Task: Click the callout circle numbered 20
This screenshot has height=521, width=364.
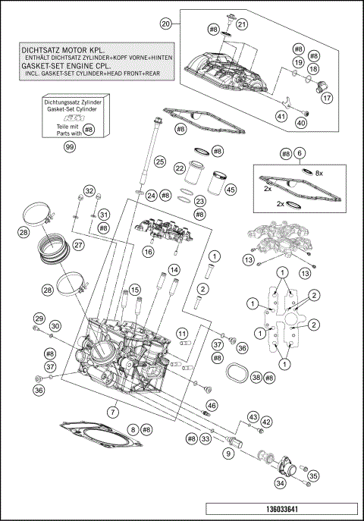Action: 165,24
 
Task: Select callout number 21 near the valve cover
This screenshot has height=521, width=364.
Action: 242,24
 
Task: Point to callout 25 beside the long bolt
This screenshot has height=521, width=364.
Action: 159,162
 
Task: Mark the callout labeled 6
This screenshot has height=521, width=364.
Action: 300,153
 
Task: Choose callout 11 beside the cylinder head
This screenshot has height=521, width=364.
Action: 183,334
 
